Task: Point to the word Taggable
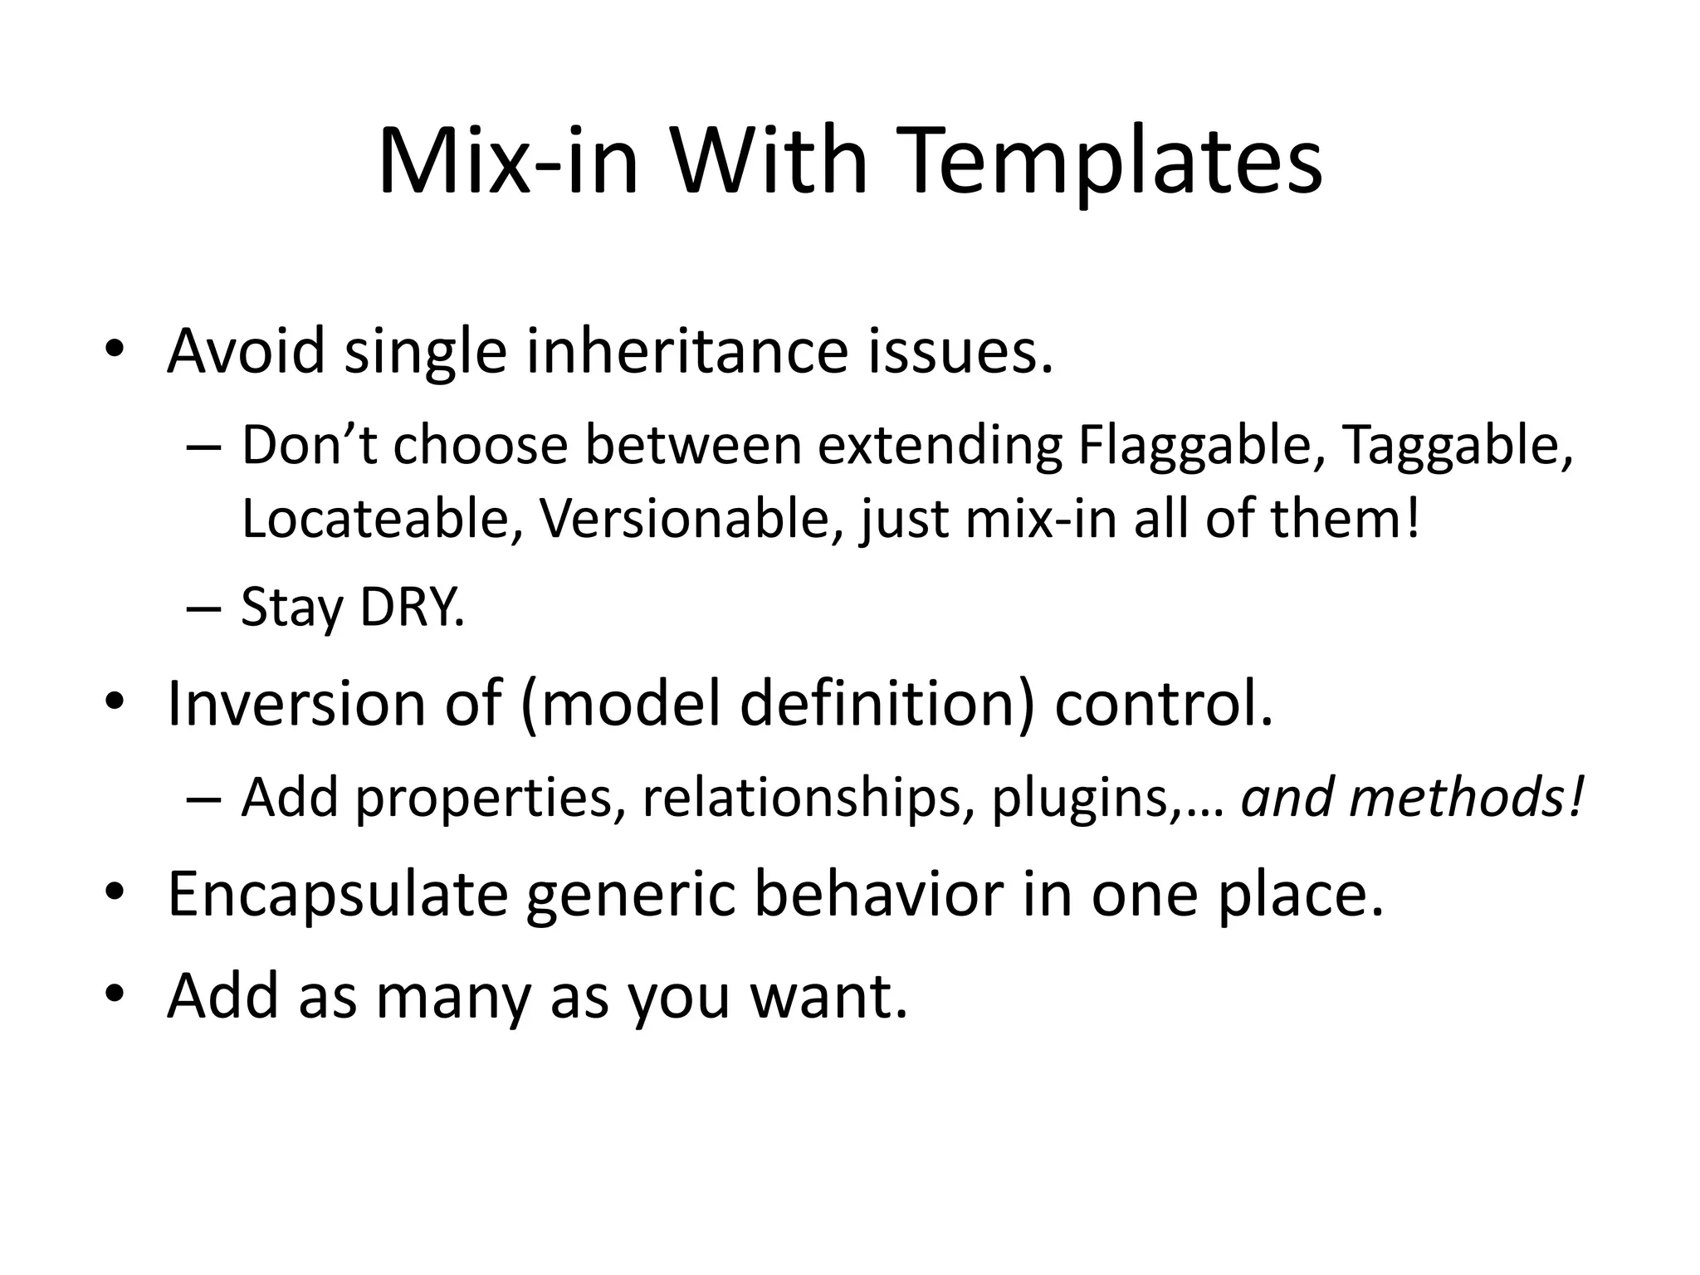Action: [1456, 446]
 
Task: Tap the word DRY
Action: [412, 608]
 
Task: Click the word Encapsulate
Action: [337, 895]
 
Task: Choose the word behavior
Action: [878, 895]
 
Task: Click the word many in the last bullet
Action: [452, 996]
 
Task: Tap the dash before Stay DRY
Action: [204, 609]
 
